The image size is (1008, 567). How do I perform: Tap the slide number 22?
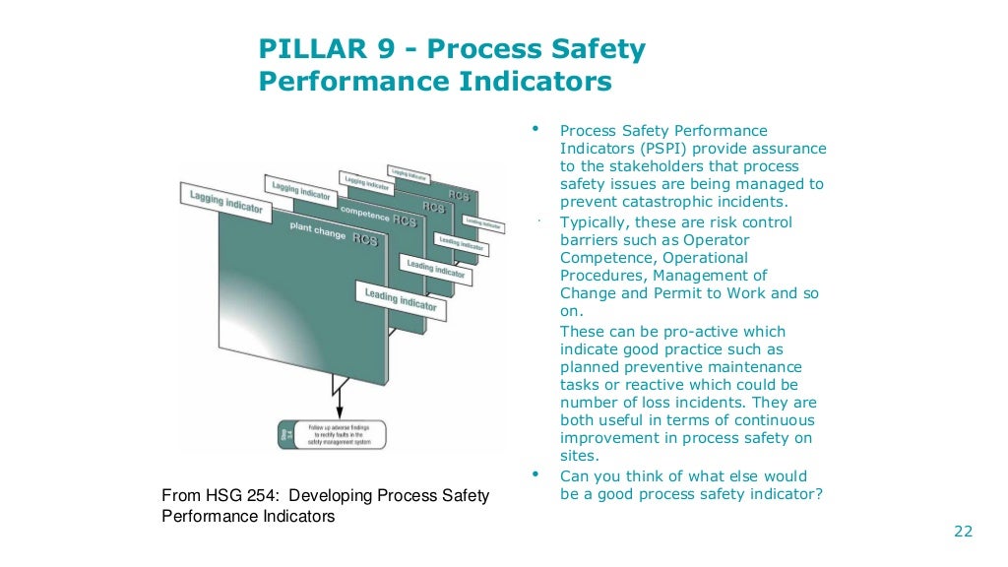click(x=963, y=532)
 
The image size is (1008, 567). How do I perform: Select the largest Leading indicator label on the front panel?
click(x=401, y=300)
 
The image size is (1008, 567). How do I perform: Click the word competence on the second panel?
click(x=365, y=212)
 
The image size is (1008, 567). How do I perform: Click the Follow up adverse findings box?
click(x=332, y=434)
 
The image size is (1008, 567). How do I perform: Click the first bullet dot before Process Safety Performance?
click(x=535, y=129)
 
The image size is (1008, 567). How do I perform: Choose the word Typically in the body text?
click(x=596, y=221)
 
